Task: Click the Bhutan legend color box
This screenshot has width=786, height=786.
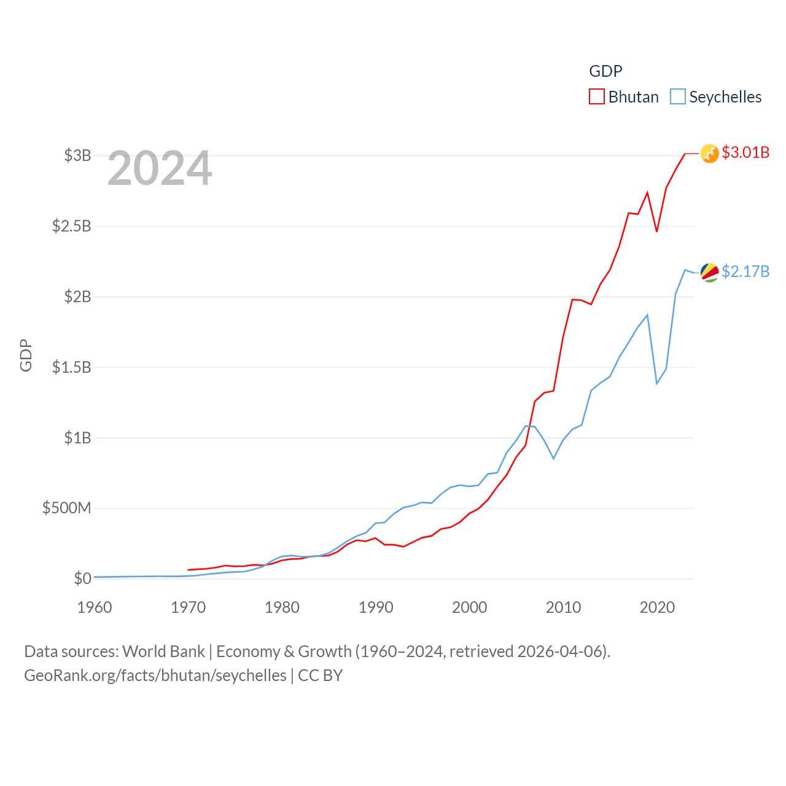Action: coord(597,97)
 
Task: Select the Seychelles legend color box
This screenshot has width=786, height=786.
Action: coord(678,97)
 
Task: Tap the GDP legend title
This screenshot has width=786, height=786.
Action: coord(605,71)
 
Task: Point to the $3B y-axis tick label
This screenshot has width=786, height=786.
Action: coord(78,155)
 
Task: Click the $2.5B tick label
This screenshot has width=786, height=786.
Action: coord(72,226)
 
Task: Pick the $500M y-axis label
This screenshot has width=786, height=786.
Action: coord(67,508)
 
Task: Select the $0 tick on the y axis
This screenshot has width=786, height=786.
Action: coord(83,578)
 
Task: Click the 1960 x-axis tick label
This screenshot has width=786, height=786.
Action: coord(95,607)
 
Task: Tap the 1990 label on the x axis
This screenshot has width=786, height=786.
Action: coord(376,607)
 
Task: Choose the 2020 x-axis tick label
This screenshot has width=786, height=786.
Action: coord(657,607)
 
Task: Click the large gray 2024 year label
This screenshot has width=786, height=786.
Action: coord(160,168)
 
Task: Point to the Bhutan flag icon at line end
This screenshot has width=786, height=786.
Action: coord(710,154)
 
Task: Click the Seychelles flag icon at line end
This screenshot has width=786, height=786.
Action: coord(710,272)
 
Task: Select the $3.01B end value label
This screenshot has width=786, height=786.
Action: coord(745,152)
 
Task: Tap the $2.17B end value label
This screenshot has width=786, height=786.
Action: coord(745,271)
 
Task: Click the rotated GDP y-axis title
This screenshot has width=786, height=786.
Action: coord(26,355)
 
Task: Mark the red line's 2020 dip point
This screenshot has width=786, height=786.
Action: coord(657,232)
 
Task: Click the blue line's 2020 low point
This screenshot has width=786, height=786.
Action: coord(657,384)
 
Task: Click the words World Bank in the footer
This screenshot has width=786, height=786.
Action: coord(164,651)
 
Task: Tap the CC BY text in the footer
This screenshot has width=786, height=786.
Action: coord(320,675)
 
